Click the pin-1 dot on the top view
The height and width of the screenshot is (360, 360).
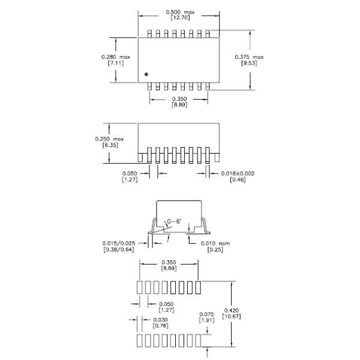[146, 74]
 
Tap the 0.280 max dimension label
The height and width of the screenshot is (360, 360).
[112, 56]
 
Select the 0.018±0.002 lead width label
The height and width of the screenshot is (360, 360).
[238, 173]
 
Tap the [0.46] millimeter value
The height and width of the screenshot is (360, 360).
[238, 179]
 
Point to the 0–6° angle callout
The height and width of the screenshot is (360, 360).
[176, 223]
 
